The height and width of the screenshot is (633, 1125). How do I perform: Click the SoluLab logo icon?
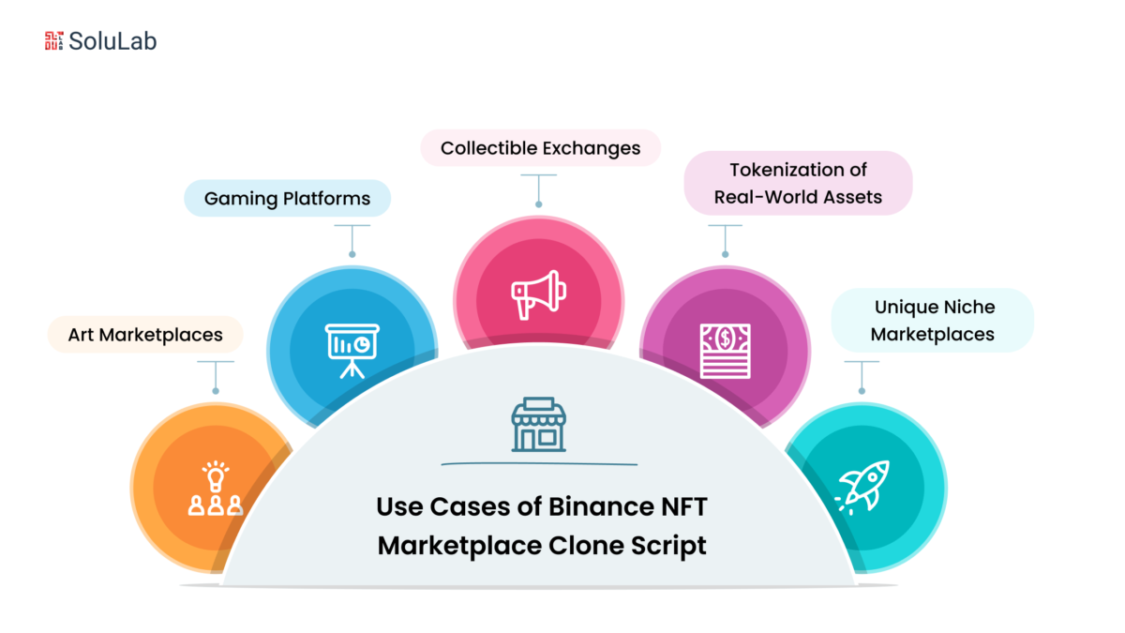coord(53,40)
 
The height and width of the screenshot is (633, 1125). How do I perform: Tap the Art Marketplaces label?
coord(145,334)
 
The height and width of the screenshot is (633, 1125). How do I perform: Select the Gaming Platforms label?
coord(287,198)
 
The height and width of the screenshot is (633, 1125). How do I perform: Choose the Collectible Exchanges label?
coord(540,148)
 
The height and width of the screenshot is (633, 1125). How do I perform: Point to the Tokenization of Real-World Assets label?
coord(798,183)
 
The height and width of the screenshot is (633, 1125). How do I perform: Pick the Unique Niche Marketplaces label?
coord(934,320)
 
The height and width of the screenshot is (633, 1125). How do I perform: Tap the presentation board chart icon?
coord(352,349)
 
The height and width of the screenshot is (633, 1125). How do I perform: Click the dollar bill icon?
coord(725,350)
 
